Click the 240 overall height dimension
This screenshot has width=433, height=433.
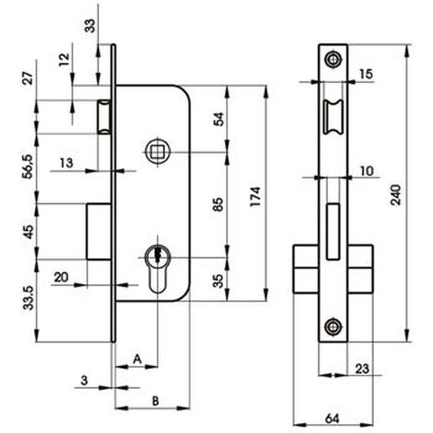tap(396, 195)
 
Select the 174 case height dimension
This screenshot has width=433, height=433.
tap(256, 197)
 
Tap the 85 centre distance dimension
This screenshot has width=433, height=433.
tap(218, 204)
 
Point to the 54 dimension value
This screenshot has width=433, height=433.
tap(219, 119)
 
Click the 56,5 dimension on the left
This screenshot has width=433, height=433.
tap(28, 167)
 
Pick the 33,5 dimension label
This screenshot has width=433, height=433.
tap(28, 297)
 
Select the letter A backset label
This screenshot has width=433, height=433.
tap(137, 359)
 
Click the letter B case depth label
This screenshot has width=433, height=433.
tap(156, 401)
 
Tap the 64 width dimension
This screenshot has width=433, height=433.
tap(332, 419)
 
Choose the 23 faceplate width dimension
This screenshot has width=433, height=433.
tap(362, 369)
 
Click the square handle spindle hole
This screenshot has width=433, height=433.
tap(157, 152)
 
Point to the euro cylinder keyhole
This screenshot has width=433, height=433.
tap(157, 269)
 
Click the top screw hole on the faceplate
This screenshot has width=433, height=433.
tap(333, 59)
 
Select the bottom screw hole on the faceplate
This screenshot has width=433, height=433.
tap(333, 326)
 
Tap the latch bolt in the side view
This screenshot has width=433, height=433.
tap(105, 117)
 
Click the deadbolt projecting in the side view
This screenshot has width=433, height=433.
tap(99, 231)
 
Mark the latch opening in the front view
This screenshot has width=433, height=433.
tap(333, 117)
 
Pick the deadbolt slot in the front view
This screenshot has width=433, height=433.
tap(333, 231)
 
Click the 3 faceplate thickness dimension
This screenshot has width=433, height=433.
tap(84, 380)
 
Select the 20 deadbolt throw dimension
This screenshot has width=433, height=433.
tap(61, 277)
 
